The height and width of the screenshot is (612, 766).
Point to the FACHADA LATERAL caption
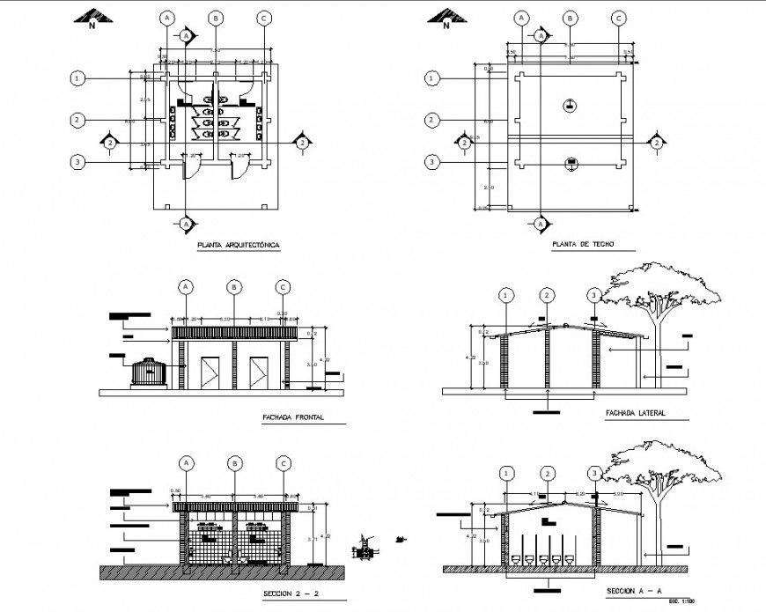[634, 413]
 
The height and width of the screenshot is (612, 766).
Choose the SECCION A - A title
[636, 591]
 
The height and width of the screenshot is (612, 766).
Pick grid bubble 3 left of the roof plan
[431, 162]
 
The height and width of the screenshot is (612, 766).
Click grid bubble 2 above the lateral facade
[548, 295]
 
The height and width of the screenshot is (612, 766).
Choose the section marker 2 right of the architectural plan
[302, 143]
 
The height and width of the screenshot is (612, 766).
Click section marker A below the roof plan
[540, 225]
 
